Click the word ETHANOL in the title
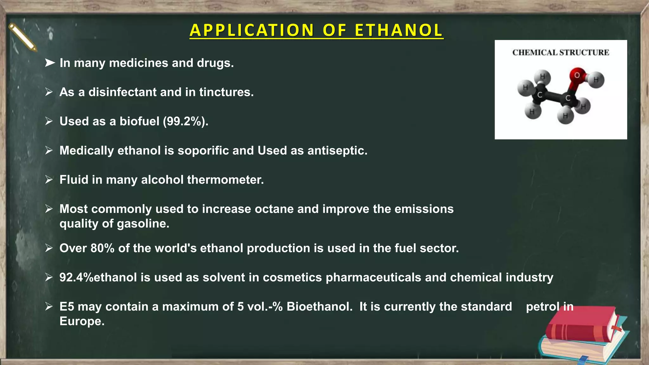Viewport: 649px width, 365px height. tap(398, 30)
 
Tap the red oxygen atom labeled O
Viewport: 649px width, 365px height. tap(577, 75)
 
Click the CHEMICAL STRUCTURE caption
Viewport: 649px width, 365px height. tap(561, 52)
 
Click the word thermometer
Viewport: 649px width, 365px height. tap(225, 180)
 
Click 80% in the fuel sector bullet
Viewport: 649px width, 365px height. tap(102, 248)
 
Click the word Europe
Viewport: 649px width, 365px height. tap(82, 321)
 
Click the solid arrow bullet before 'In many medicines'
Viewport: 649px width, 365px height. tap(49, 63)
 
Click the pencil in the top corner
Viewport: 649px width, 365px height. tap(22, 37)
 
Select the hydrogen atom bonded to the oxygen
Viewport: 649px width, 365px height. tap(596, 80)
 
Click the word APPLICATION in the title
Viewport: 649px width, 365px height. tap(252, 30)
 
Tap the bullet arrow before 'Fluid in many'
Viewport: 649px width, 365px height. tap(49, 180)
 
